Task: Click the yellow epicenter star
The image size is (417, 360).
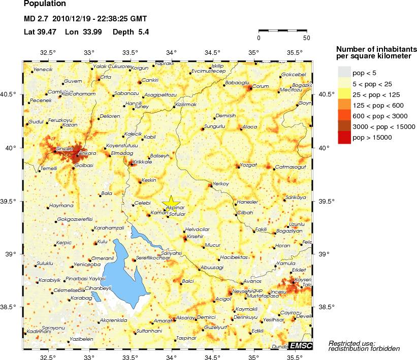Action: coord(171,202)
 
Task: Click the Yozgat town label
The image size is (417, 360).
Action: coord(249,165)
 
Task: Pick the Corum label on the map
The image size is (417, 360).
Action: coord(260,86)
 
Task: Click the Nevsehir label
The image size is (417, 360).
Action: coord(242,291)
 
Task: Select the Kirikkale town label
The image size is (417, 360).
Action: coord(142,162)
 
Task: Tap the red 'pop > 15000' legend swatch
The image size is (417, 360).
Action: coord(344,138)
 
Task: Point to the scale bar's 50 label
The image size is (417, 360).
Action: coord(306,38)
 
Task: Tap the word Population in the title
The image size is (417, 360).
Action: coord(45,4)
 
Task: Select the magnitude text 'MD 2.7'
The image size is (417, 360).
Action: coord(36,19)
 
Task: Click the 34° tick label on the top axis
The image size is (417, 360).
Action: coord(171,52)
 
